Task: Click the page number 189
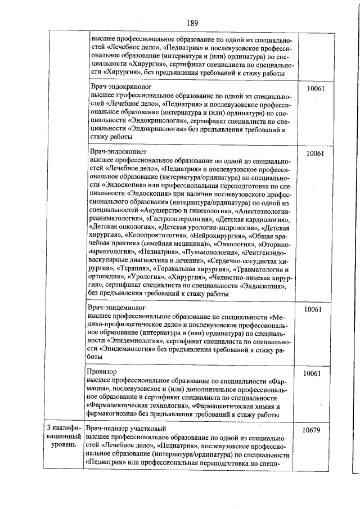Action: pos(192,23)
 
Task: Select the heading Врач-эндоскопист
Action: pos(118,152)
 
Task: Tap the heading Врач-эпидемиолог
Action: pos(117,309)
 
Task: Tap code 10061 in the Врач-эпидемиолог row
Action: pos(312,310)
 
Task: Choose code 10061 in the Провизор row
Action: pos(312,373)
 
